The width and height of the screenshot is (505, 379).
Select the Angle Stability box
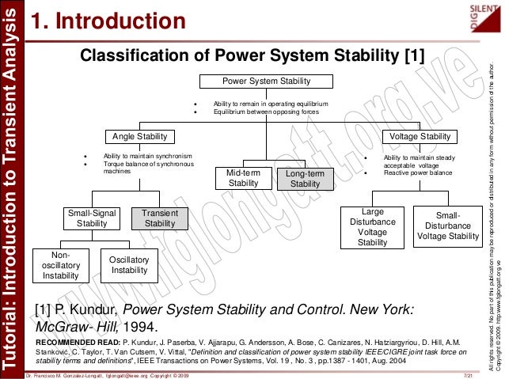tap(140, 136)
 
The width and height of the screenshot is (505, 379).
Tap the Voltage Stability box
tap(420, 136)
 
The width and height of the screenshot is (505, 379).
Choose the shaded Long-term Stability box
tap(305, 178)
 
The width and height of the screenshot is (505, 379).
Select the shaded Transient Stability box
tap(160, 218)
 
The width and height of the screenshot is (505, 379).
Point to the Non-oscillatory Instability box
tap(59, 265)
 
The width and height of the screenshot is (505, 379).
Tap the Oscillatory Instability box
tap(129, 265)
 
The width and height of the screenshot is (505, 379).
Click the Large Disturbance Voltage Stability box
tap(372, 227)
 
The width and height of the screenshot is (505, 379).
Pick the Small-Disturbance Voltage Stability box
tap(448, 226)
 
